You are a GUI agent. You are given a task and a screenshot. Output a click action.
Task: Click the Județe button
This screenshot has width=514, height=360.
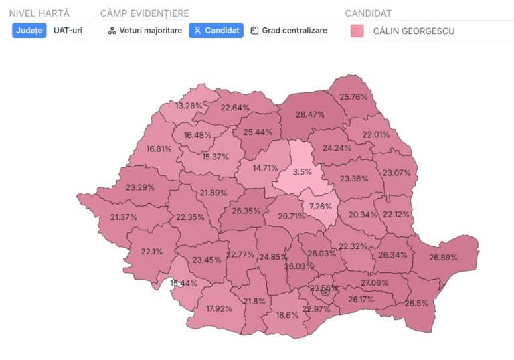click(29, 31)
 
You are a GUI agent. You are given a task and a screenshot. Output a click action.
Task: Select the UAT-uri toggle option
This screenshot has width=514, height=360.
click(68, 31)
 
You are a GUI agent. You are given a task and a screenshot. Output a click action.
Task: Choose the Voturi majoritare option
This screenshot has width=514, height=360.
click(145, 31)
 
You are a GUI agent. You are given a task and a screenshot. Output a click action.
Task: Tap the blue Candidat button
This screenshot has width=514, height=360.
click(216, 31)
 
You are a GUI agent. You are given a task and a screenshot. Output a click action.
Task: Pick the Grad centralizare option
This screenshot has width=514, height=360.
click(289, 31)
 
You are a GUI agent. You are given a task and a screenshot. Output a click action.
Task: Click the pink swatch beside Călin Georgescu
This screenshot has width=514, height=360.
click(357, 31)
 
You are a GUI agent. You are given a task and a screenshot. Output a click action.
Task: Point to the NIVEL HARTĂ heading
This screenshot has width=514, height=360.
click(39, 13)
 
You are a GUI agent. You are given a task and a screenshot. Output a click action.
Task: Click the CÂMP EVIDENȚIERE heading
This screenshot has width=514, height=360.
click(144, 13)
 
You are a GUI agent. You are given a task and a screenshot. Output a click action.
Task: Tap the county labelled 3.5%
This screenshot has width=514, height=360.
click(303, 171)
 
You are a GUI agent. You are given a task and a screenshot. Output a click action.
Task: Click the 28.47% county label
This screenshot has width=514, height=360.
click(310, 115)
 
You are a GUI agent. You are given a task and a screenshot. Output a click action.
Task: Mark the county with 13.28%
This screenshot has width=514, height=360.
click(189, 106)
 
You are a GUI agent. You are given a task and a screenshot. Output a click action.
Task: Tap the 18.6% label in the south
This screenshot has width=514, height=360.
click(287, 314)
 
